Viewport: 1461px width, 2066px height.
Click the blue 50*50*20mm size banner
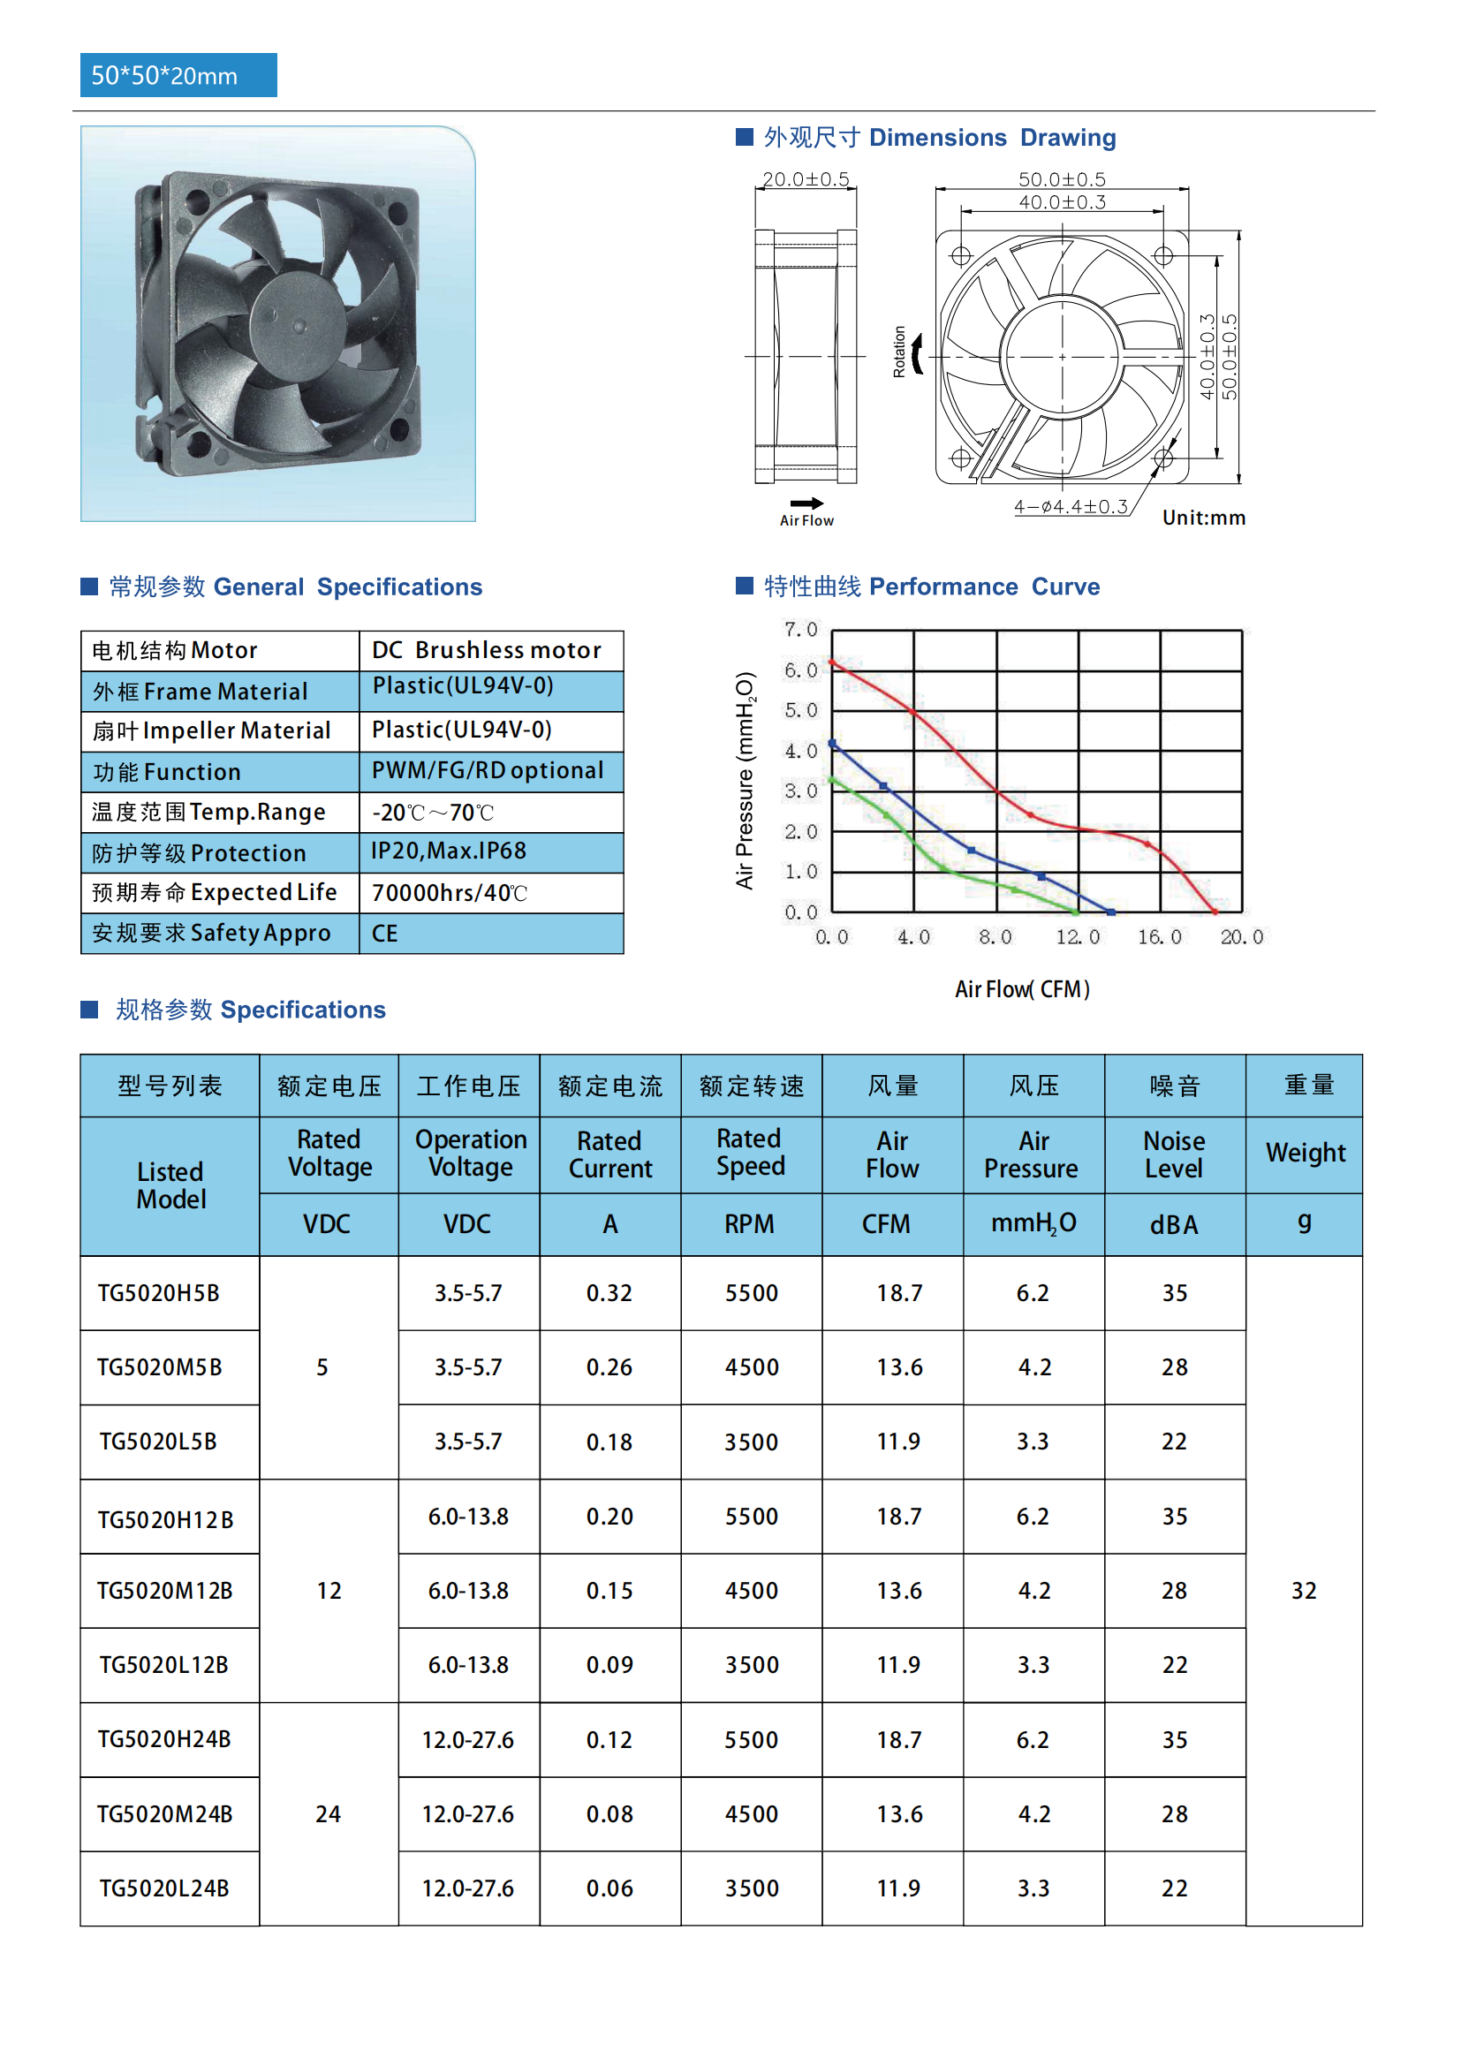(x=178, y=75)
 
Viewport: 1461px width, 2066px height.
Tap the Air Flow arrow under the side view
(x=806, y=503)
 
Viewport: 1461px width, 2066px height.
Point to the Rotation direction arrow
(x=917, y=352)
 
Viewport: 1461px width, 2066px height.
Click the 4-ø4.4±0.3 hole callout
(x=1071, y=507)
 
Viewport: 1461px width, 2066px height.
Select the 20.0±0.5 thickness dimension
(x=806, y=179)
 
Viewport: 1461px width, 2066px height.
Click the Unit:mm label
(x=1204, y=518)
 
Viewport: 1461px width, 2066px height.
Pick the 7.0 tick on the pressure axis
(x=800, y=629)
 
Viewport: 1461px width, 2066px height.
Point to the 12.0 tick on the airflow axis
(x=1078, y=936)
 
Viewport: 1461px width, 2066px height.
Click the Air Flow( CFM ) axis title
(x=1022, y=989)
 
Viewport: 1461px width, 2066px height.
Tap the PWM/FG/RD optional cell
(x=487, y=770)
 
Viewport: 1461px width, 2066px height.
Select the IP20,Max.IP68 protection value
(x=449, y=851)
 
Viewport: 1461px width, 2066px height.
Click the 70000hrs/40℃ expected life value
(x=449, y=893)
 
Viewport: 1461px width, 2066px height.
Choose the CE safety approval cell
(x=385, y=933)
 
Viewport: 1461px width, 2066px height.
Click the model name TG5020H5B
(x=158, y=1293)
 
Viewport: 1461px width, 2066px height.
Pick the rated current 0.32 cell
(x=609, y=1293)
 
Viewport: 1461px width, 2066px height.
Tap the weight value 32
(x=1304, y=1590)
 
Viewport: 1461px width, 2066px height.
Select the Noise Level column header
(x=1174, y=1154)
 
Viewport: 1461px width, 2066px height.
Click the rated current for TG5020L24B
(x=609, y=1888)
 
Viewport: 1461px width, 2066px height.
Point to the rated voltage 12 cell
(x=329, y=1590)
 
